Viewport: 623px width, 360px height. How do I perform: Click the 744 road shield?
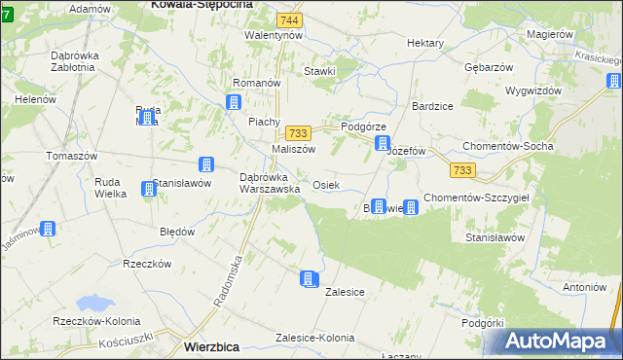pos(288,19)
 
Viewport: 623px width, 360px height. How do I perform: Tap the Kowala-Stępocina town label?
pos(202,5)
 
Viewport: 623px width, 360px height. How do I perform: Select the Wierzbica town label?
pos(214,345)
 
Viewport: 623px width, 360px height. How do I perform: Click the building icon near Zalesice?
pos(309,279)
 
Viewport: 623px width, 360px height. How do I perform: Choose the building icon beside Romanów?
pos(235,102)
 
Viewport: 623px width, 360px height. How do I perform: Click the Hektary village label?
pos(425,44)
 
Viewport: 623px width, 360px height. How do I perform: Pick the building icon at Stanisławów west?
pos(148,187)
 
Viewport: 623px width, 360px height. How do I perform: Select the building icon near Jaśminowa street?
pos(47,229)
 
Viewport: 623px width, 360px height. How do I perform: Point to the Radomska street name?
pos(235,275)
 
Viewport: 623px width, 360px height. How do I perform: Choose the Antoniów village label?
pos(584,287)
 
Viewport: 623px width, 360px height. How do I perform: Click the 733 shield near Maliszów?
pos(299,133)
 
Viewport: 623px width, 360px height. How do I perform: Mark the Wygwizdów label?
pos(533,90)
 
